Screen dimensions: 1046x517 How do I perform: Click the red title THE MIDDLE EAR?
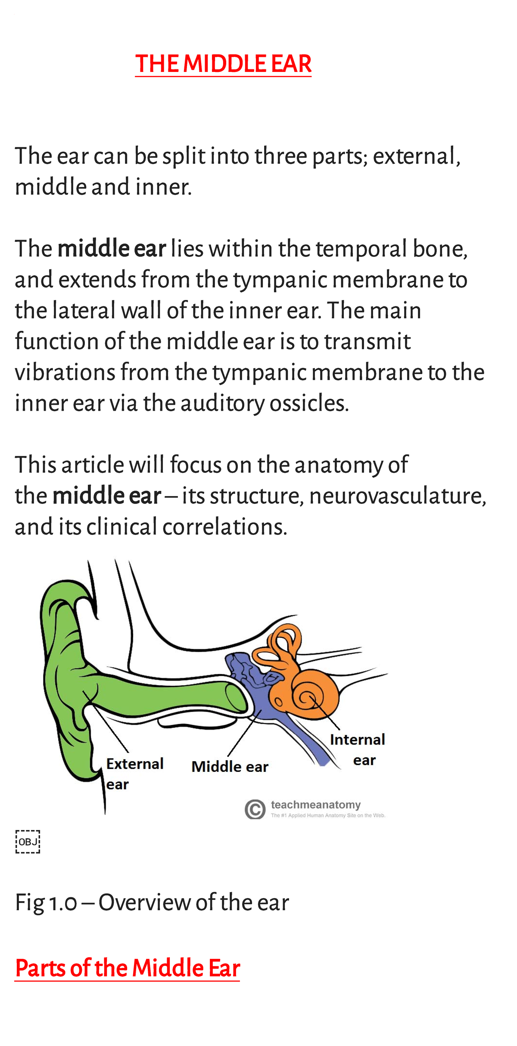(223, 64)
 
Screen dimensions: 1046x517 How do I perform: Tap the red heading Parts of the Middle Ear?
(128, 968)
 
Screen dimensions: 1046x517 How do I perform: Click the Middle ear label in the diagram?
(230, 767)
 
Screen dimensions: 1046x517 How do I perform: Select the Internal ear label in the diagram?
(358, 749)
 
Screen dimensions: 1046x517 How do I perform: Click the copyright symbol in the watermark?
(255, 809)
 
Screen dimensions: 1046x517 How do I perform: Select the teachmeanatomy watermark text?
(316, 805)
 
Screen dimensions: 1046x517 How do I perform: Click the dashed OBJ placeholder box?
(28, 841)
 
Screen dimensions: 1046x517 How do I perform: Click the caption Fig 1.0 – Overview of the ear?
(152, 902)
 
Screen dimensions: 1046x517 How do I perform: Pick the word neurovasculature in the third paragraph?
(397, 496)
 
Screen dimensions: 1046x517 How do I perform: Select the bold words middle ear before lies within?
(112, 249)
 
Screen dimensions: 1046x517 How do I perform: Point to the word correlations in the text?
(224, 527)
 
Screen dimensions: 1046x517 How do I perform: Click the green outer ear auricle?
(65, 672)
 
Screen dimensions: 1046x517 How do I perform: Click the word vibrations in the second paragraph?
(65, 372)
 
